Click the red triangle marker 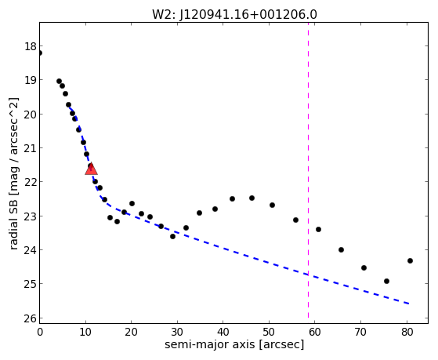tap(91, 169)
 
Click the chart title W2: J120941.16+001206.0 tap(234, 15)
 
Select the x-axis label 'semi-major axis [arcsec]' tap(234, 344)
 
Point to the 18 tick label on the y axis tap(31, 46)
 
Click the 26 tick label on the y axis tap(31, 318)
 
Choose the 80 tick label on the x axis tap(407, 332)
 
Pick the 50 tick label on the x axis tap(270, 332)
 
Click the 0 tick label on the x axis tap(40, 332)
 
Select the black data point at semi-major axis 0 tap(40, 53)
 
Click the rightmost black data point tap(410, 260)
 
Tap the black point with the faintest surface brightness tap(386, 281)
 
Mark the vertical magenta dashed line tap(308, 170)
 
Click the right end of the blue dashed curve tap(409, 304)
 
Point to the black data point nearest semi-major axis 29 tap(172, 236)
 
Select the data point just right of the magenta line tap(318, 229)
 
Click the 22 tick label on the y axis tap(31, 182)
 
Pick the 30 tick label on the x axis tap(177, 332)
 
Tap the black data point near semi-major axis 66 tap(341, 249)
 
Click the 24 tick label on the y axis tap(31, 250)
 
